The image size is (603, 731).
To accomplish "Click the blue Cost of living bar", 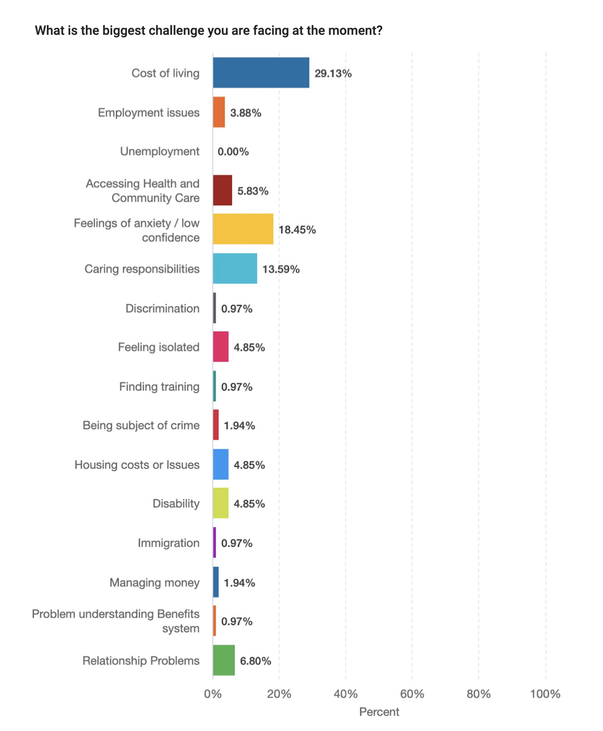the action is pos(261,72).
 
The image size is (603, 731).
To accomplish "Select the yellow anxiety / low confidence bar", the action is pos(243,229).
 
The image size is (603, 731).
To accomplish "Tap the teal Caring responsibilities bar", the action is pos(235,268).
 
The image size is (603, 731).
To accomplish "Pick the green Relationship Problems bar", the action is pos(224,660).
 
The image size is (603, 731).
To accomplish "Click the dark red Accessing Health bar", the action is pos(222,190).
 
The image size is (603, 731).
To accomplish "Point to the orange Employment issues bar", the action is pos(219,112).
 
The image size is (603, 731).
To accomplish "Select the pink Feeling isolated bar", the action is pos(220,347).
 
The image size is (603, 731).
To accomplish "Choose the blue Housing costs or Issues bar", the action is pos(220,464).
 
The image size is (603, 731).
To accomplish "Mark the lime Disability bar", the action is pos(220,503).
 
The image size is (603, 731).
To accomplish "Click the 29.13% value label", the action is pos(333,73).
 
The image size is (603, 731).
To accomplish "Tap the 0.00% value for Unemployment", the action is pos(233,152).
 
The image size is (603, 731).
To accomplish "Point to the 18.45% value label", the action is pos(297,230).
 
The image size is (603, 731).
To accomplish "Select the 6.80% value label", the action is pos(255,661).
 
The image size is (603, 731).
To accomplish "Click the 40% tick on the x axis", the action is pos(345,693).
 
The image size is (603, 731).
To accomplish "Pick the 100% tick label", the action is pos(545,693).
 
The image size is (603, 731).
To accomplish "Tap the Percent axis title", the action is pos(379,712).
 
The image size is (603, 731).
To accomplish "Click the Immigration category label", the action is pos(169,542).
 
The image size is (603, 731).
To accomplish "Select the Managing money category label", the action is pos(155,582).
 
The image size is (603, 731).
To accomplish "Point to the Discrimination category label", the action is pos(162,308).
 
